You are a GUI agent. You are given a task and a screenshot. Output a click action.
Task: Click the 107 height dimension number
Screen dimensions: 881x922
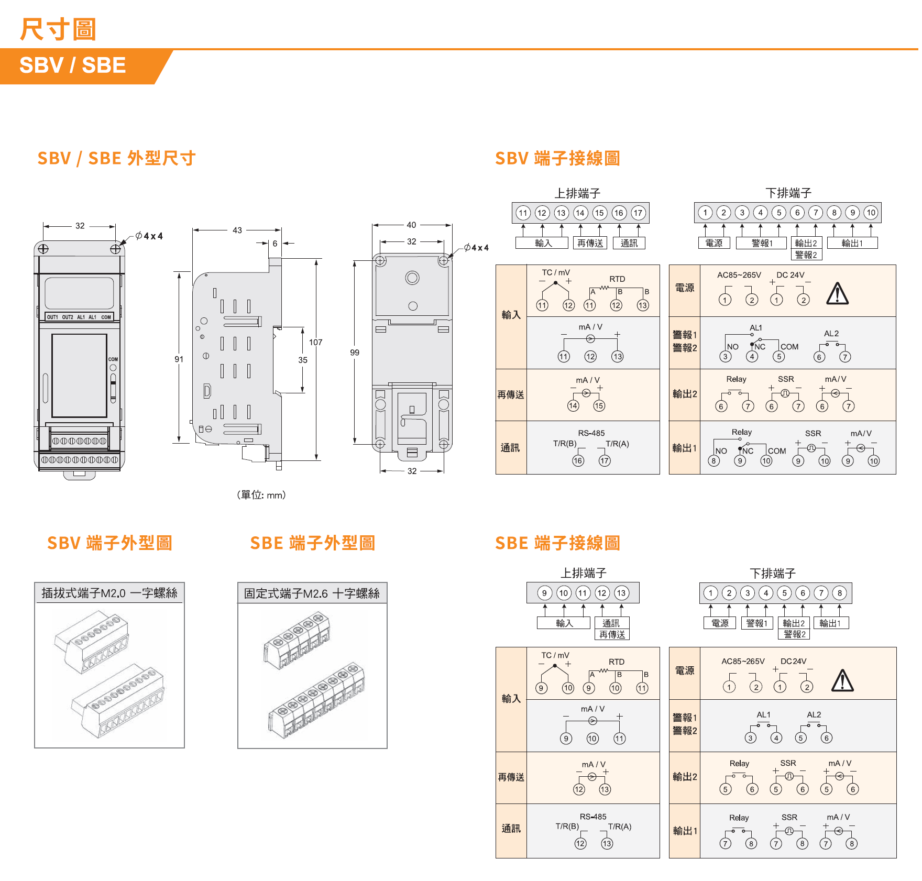pos(315,343)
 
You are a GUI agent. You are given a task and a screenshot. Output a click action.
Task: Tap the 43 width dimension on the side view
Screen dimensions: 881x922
pos(237,230)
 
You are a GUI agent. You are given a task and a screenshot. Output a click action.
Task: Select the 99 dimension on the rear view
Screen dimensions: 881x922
pos(355,353)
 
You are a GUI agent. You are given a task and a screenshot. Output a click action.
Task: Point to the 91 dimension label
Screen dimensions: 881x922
pos(179,359)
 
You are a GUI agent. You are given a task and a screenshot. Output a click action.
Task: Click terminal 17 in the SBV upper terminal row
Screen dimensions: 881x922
pos(638,213)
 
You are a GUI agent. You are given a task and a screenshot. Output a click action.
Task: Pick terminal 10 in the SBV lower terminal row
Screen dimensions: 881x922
pos(871,213)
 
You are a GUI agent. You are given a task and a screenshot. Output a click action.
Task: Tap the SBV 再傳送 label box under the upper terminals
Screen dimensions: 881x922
pos(590,243)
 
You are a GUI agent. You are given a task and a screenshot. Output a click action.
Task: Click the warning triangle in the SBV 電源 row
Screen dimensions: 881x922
pos(837,294)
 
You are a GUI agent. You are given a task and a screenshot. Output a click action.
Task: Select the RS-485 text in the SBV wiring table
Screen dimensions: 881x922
pos(591,433)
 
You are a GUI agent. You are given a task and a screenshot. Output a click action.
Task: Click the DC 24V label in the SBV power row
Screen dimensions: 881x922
pos(790,275)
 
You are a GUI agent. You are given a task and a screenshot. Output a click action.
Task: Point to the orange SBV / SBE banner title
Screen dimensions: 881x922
pos(73,65)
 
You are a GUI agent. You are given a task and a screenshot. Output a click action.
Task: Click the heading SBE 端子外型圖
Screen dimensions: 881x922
pos(312,543)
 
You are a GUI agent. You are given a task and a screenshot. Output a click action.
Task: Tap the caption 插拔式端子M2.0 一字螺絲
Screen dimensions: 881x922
pos(109,593)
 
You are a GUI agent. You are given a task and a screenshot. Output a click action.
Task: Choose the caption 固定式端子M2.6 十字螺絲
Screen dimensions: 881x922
pos(312,593)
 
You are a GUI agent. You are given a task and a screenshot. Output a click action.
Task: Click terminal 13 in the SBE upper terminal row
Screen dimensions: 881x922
pos(621,593)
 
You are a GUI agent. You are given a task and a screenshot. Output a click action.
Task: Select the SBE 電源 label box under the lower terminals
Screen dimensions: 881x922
pos(720,623)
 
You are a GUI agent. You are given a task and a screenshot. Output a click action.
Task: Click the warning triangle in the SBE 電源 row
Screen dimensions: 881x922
pos(842,681)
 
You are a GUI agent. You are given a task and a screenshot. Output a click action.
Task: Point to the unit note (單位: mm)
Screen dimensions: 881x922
pos(261,495)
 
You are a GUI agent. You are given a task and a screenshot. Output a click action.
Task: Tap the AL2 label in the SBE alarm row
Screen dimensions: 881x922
pos(814,715)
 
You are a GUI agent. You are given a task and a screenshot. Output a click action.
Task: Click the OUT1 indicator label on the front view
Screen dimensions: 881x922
pos(52,317)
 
